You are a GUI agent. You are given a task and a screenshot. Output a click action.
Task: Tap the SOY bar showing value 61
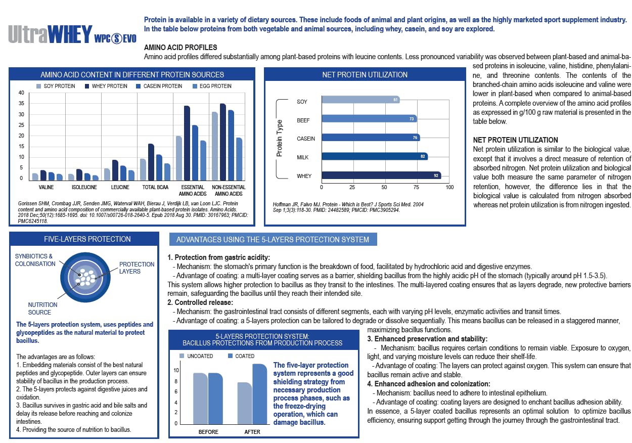[x=360, y=100]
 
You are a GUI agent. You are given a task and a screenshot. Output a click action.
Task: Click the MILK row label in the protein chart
[x=303, y=157]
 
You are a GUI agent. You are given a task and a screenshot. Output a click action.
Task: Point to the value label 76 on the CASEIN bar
[x=414, y=137]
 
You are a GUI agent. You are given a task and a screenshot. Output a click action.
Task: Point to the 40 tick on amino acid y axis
[x=21, y=93]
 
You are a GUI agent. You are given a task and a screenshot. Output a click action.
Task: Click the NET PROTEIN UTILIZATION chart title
[x=365, y=75]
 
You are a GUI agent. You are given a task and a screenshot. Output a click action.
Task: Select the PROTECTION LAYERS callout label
[x=137, y=268]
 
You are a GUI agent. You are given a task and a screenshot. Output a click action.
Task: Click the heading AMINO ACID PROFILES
[x=180, y=48]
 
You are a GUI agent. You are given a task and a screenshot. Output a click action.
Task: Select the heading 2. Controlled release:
[x=201, y=302]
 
